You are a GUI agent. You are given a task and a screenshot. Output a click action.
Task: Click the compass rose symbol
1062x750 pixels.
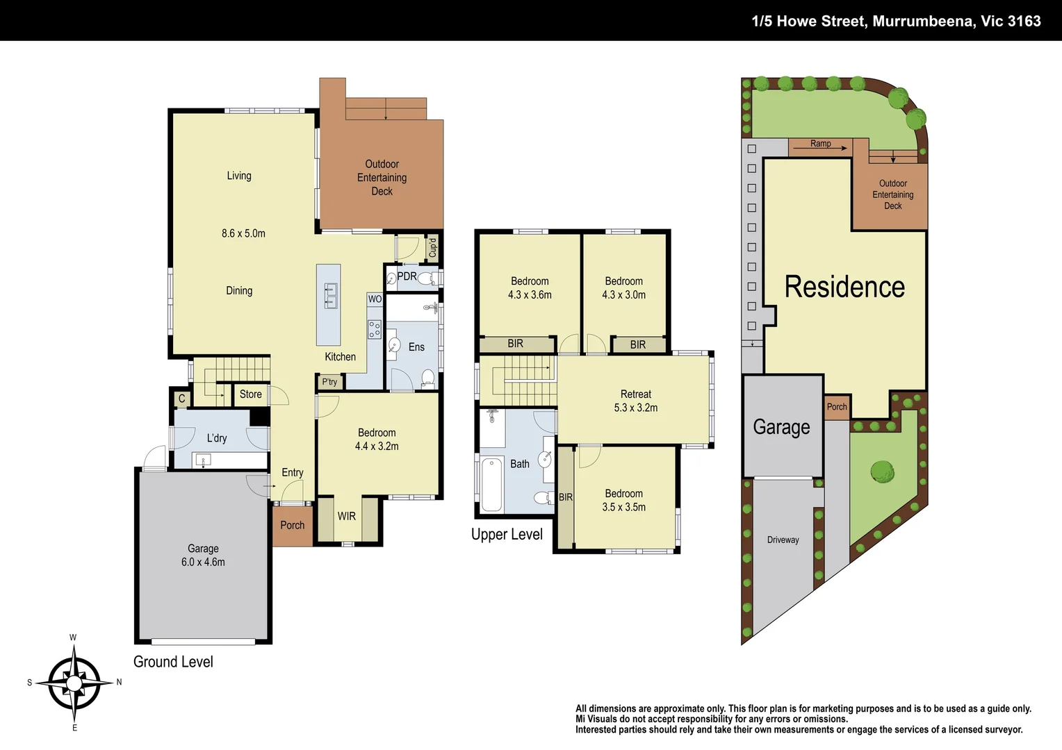[74, 683]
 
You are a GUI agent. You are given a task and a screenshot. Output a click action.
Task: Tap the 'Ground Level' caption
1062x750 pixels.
[173, 662]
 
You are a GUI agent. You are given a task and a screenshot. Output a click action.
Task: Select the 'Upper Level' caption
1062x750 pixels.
[507, 534]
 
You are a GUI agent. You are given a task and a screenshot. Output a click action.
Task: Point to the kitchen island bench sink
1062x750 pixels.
[330, 296]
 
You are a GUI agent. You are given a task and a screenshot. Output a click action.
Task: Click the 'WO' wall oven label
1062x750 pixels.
[375, 299]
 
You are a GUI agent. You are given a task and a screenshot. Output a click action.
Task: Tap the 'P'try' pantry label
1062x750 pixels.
[329, 382]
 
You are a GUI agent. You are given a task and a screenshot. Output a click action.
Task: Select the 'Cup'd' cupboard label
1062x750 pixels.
[432, 248]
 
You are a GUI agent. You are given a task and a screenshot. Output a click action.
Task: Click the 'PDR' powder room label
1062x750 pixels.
[407, 276]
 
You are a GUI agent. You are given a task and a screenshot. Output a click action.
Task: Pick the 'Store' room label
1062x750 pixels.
[251, 394]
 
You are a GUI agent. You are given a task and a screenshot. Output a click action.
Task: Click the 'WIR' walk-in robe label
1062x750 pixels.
[347, 516]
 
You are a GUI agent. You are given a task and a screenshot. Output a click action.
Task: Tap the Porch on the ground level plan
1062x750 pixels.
[292, 525]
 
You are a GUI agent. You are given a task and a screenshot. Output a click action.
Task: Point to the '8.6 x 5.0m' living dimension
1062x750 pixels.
[243, 233]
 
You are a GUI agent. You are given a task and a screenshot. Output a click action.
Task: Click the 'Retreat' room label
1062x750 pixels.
[635, 394]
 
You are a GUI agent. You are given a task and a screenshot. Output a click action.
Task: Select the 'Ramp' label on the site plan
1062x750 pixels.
[820, 144]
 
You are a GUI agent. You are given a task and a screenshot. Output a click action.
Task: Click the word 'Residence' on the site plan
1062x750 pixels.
[844, 287]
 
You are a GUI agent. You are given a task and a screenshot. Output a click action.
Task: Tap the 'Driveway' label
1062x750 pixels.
[783, 540]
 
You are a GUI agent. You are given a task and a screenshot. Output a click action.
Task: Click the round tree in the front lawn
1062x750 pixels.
[883, 472]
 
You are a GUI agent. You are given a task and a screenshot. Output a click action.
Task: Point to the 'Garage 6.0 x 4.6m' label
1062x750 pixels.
[203, 555]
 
